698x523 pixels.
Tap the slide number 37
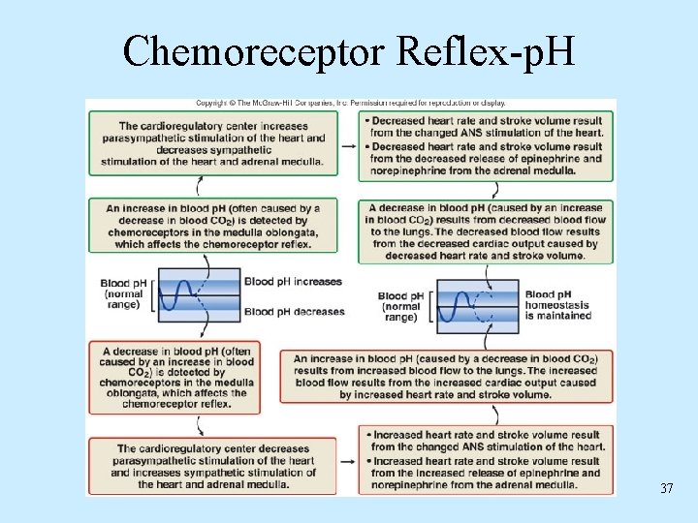[666, 489]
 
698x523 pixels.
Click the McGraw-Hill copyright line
[350, 103]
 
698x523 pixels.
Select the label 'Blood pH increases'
[293, 282]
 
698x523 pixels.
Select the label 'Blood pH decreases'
[295, 312]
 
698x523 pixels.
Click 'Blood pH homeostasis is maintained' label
[557, 305]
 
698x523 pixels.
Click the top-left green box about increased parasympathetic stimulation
[213, 143]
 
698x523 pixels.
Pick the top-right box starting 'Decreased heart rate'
[486, 145]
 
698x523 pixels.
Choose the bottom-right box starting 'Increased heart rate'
[486, 460]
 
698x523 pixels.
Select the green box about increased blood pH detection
[213, 226]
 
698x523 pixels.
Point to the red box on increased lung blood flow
[446, 377]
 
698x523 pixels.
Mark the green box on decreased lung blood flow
[486, 231]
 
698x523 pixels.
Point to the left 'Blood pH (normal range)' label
[124, 293]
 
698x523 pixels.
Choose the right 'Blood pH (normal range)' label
[400, 306]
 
